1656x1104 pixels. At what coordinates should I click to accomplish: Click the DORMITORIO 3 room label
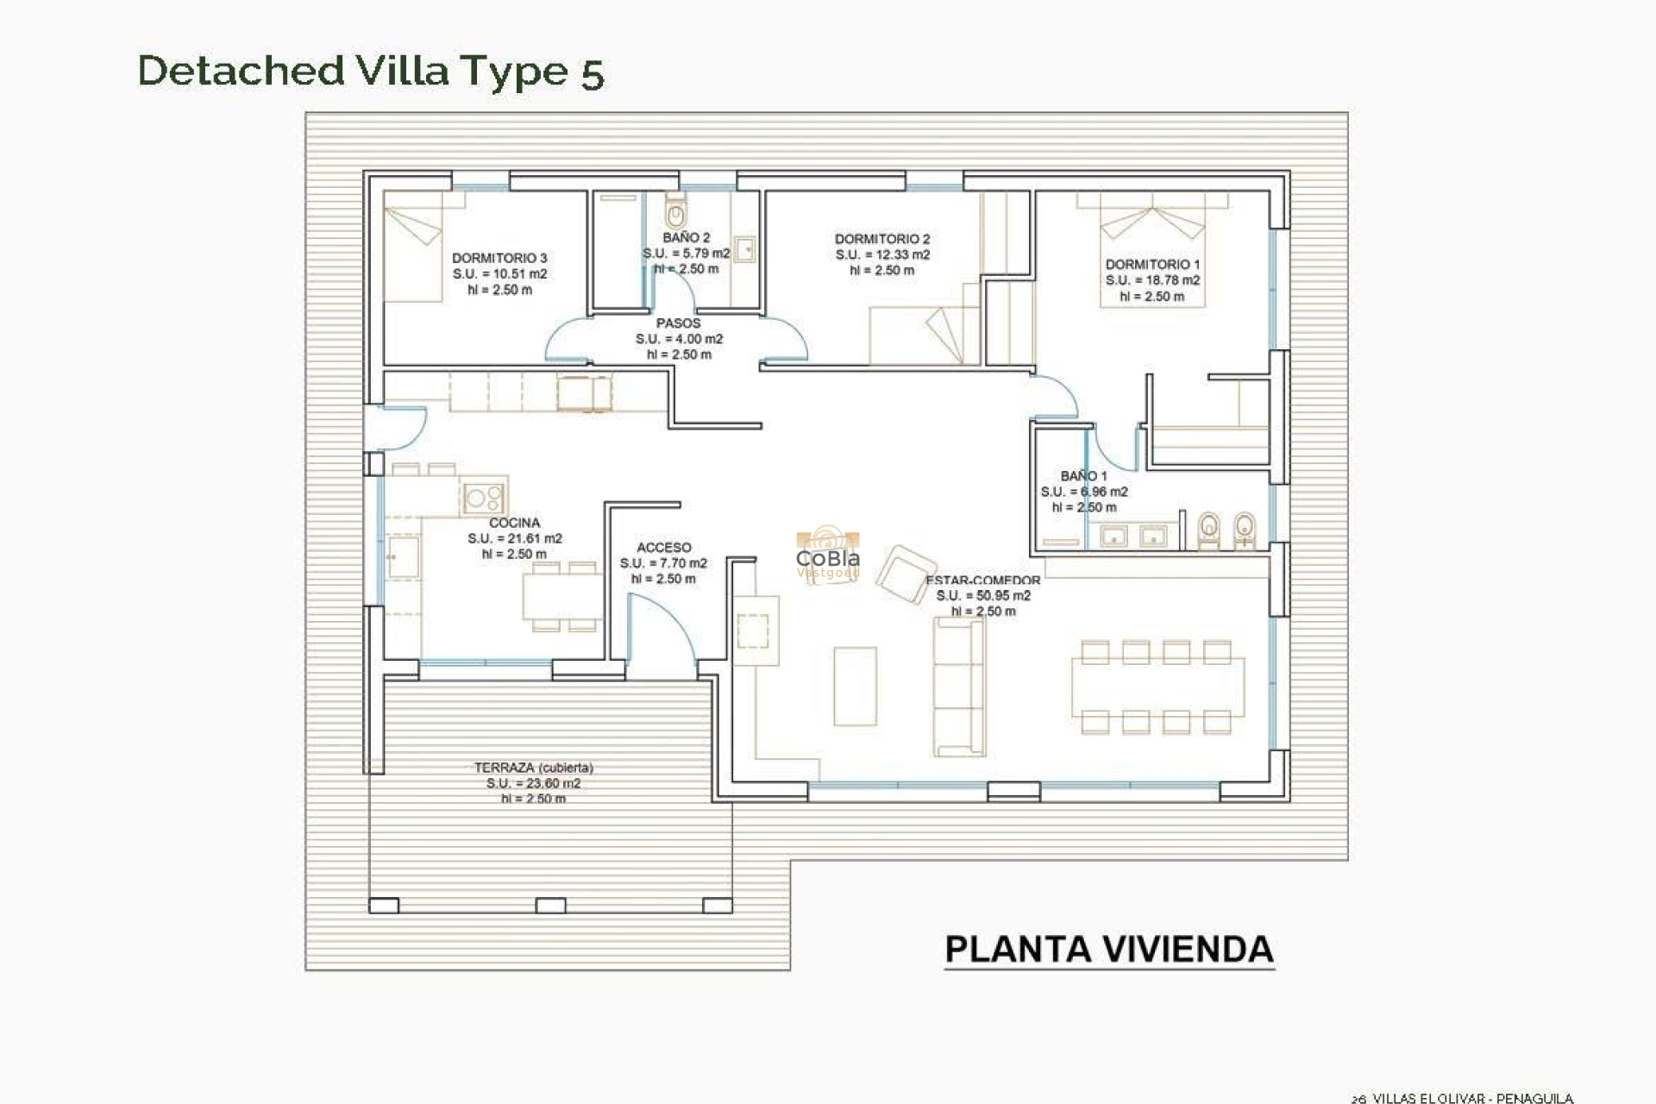tap(499, 258)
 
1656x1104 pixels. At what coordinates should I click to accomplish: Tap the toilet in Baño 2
tap(676, 212)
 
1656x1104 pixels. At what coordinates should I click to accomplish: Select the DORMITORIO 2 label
tap(881, 239)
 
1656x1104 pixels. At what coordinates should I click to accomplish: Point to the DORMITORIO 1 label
tap(1152, 265)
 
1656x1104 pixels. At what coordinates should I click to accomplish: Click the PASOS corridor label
tap(679, 323)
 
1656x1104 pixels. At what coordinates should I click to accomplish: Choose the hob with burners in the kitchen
tap(483, 498)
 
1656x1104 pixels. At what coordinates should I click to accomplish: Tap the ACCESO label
tap(663, 548)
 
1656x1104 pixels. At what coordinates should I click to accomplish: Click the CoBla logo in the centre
tap(827, 557)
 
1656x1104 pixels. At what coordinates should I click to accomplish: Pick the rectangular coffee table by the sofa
tap(855, 687)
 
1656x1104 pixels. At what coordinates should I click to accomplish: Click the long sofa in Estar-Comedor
tap(959, 687)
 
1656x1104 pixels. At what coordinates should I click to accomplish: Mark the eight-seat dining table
tap(1157, 687)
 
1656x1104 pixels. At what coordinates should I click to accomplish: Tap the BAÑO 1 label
tap(1083, 476)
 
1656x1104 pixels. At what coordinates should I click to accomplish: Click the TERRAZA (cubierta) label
tap(533, 768)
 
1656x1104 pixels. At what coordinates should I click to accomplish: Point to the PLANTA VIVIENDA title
tap(1108, 950)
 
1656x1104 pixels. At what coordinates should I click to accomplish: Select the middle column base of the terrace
tap(550, 906)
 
